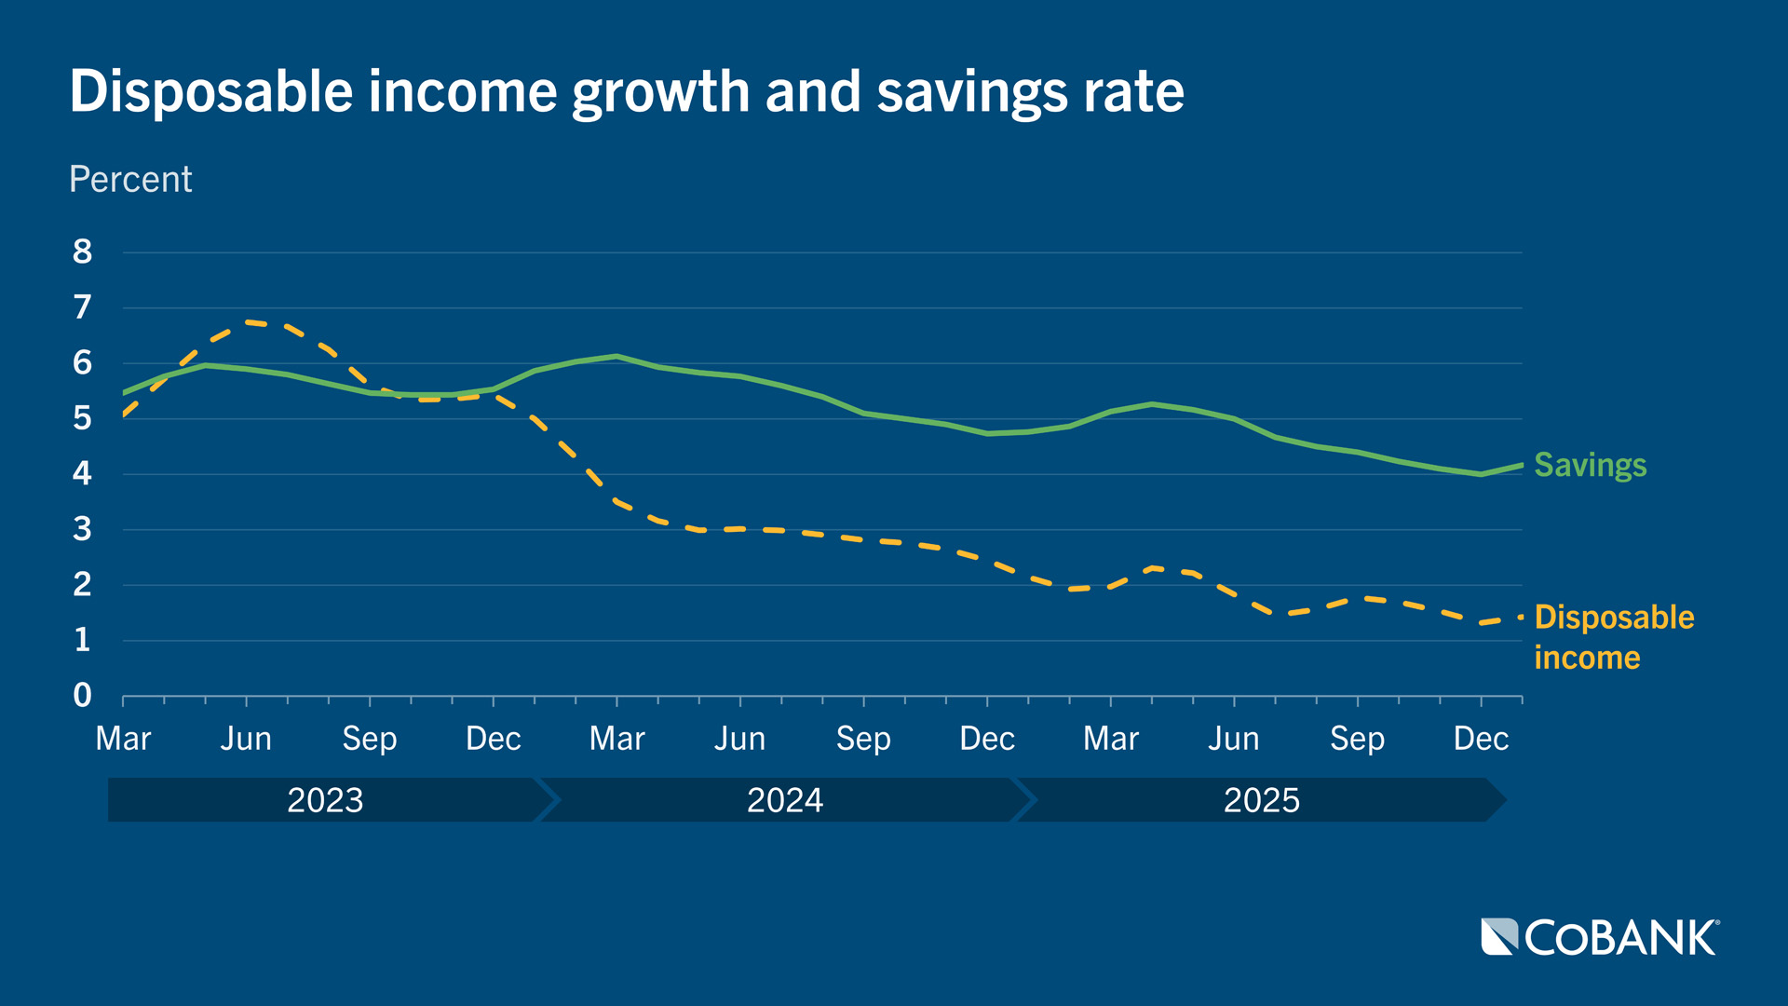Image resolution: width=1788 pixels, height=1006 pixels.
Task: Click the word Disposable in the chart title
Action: (x=211, y=91)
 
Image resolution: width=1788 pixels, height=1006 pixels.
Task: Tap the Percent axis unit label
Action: (x=130, y=179)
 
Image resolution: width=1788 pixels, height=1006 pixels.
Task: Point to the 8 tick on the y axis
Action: (x=82, y=251)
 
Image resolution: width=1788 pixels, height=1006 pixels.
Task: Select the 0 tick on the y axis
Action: (x=82, y=695)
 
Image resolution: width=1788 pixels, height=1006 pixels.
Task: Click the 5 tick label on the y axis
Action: (x=82, y=418)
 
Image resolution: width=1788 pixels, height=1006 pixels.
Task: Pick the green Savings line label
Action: (x=1590, y=464)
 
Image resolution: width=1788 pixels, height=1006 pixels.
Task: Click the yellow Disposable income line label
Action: (x=1614, y=636)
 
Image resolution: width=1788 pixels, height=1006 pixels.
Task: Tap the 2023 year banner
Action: (x=324, y=800)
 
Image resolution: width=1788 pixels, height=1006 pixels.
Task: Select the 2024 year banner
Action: (x=784, y=800)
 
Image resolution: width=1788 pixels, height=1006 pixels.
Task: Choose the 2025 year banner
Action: (x=1261, y=800)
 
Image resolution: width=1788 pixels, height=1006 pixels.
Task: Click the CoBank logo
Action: (x=1600, y=937)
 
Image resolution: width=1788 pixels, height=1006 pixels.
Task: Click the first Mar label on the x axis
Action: (x=123, y=739)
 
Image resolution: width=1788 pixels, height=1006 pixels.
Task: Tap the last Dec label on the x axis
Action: (x=1481, y=739)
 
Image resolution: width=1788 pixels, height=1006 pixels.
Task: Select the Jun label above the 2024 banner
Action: (x=739, y=739)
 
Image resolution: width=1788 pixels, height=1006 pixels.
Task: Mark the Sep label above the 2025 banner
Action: (x=1357, y=739)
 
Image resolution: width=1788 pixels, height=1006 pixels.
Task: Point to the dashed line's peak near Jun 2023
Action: (x=248, y=322)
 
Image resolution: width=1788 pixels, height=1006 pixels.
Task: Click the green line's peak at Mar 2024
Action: (x=616, y=356)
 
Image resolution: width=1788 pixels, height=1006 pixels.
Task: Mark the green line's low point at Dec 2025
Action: (x=1481, y=474)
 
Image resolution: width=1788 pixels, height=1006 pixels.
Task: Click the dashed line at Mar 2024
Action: (x=616, y=502)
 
